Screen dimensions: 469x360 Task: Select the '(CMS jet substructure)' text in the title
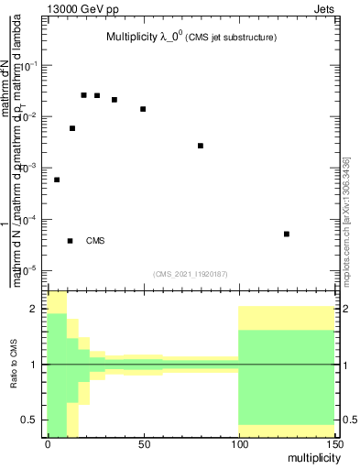(x=233, y=38)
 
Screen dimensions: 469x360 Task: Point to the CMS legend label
(x=95, y=241)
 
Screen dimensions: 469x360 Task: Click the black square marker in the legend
(x=71, y=241)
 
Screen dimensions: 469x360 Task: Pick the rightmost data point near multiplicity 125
(x=287, y=234)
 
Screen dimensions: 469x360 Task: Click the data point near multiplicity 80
(x=201, y=146)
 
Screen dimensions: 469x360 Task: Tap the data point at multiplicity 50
(x=143, y=109)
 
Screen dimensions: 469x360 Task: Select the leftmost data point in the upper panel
(x=57, y=180)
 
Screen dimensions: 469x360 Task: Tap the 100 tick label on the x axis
(x=238, y=444)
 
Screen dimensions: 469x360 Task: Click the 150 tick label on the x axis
(x=333, y=444)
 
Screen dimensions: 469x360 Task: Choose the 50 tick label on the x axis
(x=143, y=444)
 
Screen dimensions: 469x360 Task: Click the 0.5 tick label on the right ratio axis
(x=347, y=420)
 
